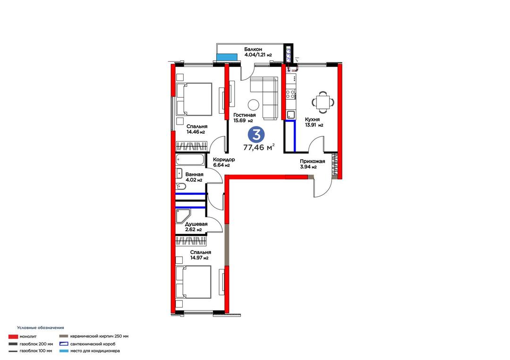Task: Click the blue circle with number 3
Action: [x=256, y=134]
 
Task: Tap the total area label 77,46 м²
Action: [x=259, y=148]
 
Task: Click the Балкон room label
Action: [x=253, y=50]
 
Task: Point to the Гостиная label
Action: [x=245, y=115]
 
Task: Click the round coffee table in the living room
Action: [x=254, y=105]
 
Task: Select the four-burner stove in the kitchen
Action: [x=290, y=94]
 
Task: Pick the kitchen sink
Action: [x=291, y=114]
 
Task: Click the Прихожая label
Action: [x=312, y=161]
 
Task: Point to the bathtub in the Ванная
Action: [x=190, y=160]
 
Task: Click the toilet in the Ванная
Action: [x=180, y=186]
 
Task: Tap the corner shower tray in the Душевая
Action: [x=183, y=216]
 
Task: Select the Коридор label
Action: [x=224, y=160]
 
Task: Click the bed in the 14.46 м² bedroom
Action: [x=194, y=99]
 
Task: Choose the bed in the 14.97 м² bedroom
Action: [x=194, y=282]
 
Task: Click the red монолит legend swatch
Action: [x=13, y=336]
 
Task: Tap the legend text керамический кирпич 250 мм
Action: [x=100, y=336]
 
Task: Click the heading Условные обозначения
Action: [x=41, y=328]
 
